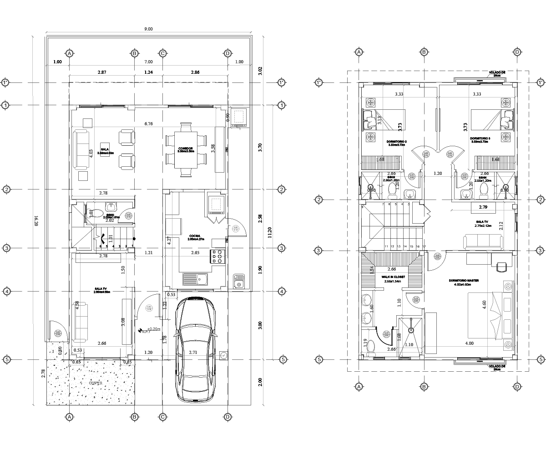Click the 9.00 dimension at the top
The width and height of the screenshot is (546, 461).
(x=148, y=29)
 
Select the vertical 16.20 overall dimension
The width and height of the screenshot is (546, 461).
(x=35, y=220)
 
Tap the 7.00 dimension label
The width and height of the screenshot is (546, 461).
(x=148, y=62)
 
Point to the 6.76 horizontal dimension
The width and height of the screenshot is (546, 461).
(x=148, y=123)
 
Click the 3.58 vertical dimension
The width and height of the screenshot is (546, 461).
(x=213, y=149)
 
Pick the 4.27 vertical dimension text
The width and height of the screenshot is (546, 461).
(x=169, y=241)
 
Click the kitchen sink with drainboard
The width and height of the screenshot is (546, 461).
(x=195, y=279)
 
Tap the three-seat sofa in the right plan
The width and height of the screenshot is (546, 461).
(x=483, y=242)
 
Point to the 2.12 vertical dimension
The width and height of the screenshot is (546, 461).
(x=501, y=226)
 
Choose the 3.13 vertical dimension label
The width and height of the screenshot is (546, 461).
(x=380, y=120)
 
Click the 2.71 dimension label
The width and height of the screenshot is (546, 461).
(x=193, y=353)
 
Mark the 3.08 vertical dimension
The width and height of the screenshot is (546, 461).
(x=123, y=322)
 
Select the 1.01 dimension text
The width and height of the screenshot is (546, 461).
(x=111, y=238)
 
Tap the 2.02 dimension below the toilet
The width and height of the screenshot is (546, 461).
(x=109, y=220)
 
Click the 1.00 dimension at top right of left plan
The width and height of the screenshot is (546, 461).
(x=239, y=62)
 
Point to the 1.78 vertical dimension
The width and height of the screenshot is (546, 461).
(x=165, y=339)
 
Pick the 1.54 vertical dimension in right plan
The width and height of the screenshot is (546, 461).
(x=372, y=269)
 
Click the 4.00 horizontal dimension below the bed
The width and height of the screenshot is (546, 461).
(x=469, y=343)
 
